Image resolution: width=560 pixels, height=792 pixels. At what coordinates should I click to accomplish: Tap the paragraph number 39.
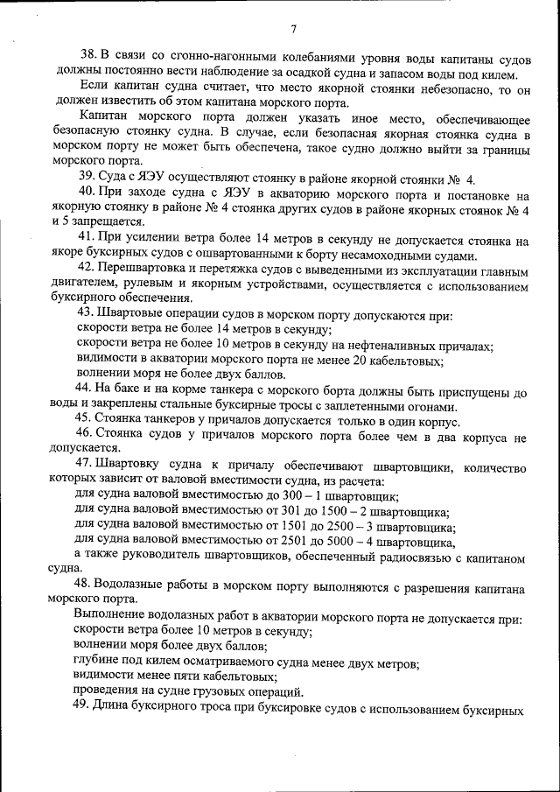coord(85,175)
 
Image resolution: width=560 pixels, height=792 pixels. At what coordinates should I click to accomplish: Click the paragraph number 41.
coord(85,239)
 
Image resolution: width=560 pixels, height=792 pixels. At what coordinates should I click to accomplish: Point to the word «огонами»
coord(432,408)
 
